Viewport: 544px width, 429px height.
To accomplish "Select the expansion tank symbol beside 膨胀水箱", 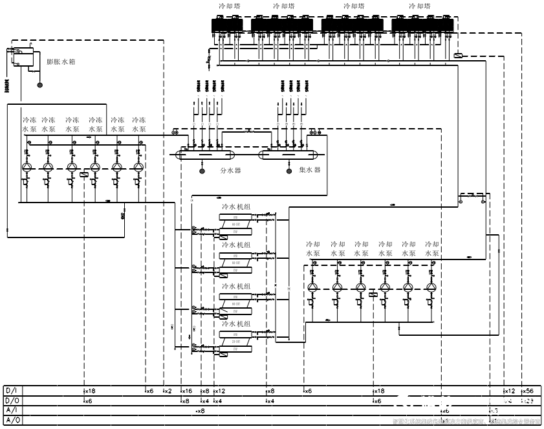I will (x=22, y=56).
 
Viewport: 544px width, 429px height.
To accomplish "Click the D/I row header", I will (x=12, y=391).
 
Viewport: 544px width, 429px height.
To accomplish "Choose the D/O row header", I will (x=12, y=401).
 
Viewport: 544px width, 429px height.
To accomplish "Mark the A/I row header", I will (x=12, y=411).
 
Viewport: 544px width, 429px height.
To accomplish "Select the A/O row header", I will (x=12, y=421).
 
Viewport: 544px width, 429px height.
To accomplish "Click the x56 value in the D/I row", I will (x=527, y=391).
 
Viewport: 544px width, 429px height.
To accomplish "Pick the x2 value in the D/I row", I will (x=168, y=391).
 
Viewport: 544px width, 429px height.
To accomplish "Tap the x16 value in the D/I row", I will (x=186, y=391).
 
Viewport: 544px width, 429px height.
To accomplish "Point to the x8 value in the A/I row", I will (x=201, y=411).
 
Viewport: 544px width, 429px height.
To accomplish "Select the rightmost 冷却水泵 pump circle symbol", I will (x=431, y=287).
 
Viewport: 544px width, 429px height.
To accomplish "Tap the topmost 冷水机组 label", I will (x=237, y=206).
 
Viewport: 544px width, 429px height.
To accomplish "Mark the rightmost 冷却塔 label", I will (x=420, y=6).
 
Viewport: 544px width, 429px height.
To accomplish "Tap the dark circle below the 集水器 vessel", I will (x=288, y=171).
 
